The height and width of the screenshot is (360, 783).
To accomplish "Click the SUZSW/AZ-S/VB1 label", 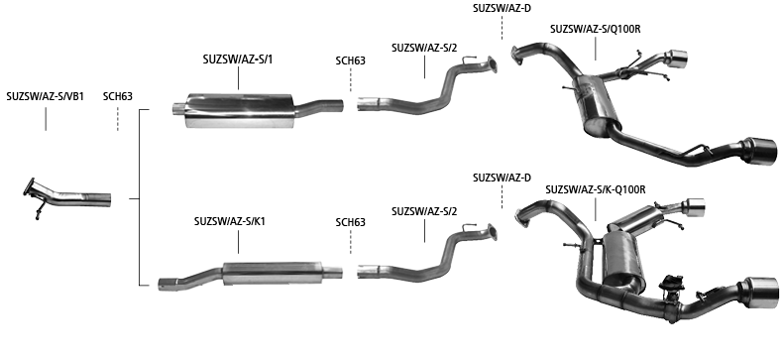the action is [x=46, y=96].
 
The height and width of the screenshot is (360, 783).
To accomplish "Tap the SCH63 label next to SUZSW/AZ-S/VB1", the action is [x=118, y=96].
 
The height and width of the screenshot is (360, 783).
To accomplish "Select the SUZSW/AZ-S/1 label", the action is [x=238, y=60].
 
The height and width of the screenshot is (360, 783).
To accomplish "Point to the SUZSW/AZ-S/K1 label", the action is [x=230, y=221].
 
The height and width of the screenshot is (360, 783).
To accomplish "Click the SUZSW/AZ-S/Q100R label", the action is [x=596, y=29].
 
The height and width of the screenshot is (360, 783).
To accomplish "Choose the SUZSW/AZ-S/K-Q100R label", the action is [x=596, y=190].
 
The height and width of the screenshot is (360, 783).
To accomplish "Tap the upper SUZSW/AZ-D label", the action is [x=502, y=9].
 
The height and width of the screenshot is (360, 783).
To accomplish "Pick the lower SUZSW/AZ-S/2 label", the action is [x=424, y=211].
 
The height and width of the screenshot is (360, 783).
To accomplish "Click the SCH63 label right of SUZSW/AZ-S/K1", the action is [x=351, y=222].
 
